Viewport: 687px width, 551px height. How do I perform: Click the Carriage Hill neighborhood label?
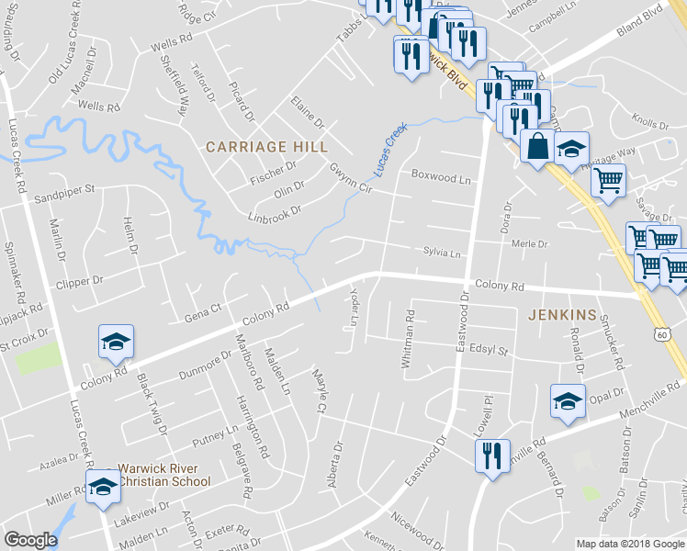tap(266, 147)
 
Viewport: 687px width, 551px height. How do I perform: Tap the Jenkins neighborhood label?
tap(563, 315)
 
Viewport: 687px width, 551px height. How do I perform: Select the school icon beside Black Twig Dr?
tap(117, 342)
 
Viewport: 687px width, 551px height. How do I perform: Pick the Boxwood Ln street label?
tap(440, 174)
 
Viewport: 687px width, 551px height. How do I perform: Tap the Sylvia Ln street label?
tap(441, 252)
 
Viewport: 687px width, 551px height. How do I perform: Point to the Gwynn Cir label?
tap(350, 176)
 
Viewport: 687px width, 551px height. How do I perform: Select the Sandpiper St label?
tap(64, 192)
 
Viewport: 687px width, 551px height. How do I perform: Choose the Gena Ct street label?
tap(204, 312)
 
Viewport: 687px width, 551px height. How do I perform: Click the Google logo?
tap(31, 540)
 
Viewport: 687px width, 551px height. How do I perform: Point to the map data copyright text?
tap(630, 544)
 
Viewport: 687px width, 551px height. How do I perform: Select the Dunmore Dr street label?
tap(205, 365)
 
